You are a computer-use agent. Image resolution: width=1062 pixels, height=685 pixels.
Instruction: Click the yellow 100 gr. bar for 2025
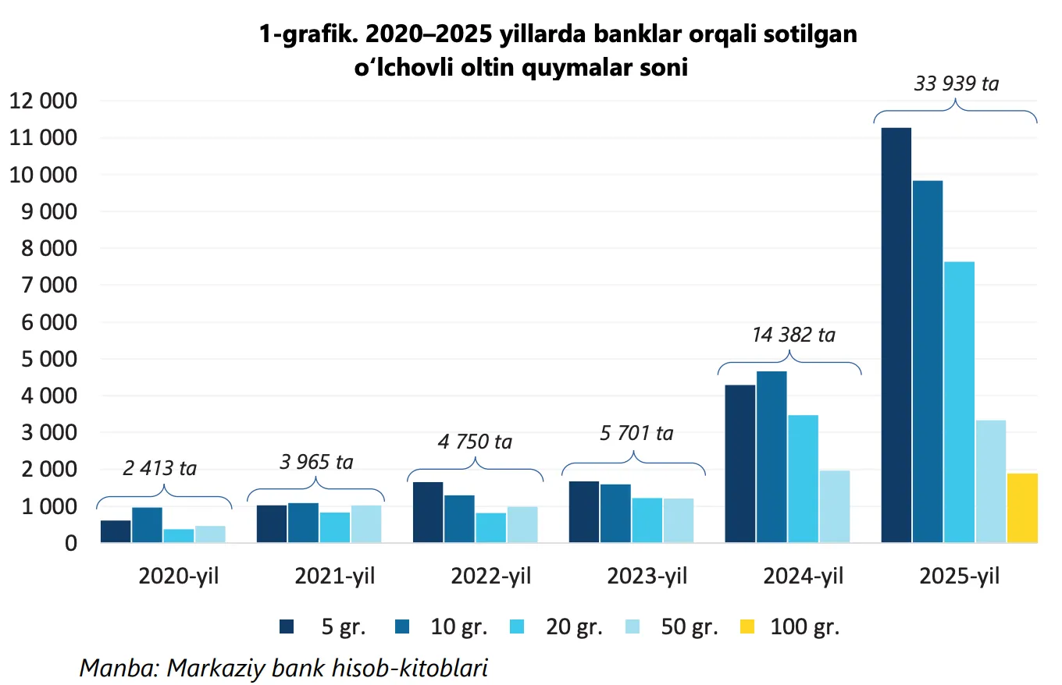tap(1022, 508)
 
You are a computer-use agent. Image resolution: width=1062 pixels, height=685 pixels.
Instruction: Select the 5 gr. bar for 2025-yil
tap(896, 335)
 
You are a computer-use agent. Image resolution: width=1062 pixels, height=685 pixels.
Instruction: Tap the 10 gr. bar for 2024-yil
tap(772, 456)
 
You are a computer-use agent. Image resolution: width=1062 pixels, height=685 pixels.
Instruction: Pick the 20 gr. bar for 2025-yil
tap(959, 402)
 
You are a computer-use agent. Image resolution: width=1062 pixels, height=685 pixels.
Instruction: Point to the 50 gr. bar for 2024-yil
tap(834, 506)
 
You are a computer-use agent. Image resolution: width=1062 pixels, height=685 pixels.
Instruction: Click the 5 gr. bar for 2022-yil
tap(428, 512)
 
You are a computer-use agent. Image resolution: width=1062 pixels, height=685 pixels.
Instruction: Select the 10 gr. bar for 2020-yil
tap(147, 525)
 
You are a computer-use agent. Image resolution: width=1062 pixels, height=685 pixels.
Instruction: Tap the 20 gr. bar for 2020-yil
tap(178, 536)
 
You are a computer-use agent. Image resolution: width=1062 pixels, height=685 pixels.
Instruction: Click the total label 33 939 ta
tap(956, 83)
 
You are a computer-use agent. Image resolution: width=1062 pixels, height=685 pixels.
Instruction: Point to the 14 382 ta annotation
tap(793, 335)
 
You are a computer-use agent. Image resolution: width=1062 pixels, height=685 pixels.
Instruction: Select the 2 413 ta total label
tap(160, 468)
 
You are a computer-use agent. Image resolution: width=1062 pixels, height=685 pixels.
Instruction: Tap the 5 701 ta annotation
tap(636, 433)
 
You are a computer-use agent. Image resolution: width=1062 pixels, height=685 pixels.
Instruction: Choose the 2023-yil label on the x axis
tap(647, 577)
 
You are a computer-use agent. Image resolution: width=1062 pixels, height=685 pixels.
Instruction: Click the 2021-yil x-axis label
tap(334, 577)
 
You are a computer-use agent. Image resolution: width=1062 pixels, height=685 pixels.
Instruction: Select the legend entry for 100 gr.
tap(790, 626)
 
